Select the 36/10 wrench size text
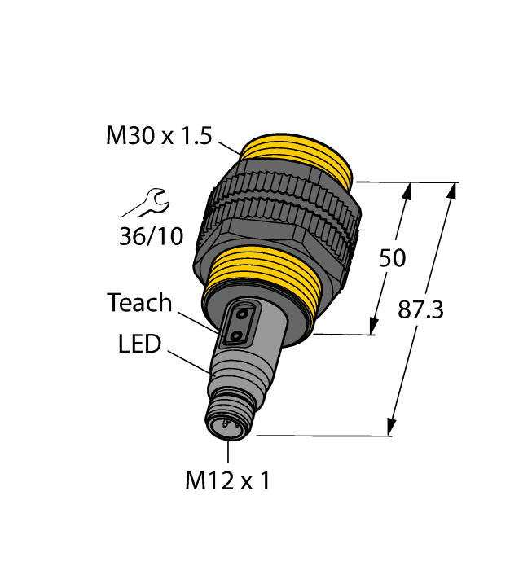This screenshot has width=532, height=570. pos(151,235)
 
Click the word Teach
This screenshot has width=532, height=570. pos(140,304)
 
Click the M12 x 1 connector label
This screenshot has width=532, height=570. pos(227,481)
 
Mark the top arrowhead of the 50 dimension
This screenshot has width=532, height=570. pos(408,191)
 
